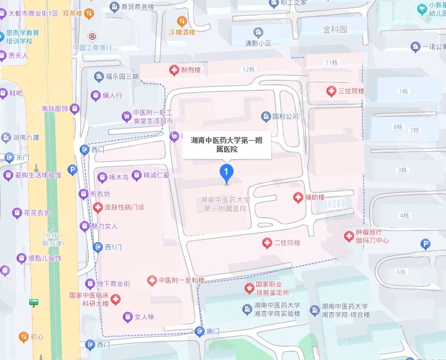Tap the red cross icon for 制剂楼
(x=173, y=70)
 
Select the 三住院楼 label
(x=351, y=91)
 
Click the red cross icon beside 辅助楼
(x=297, y=197)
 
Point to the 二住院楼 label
(x=287, y=243)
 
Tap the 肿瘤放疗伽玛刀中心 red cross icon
(x=349, y=236)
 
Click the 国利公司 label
(x=285, y=117)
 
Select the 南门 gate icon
(x=200, y=332)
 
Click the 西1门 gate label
(x=113, y=247)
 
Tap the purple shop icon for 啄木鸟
(x=102, y=177)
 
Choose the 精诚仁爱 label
(x=156, y=176)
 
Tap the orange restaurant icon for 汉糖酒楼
(x=173, y=22)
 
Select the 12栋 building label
(x=247, y=70)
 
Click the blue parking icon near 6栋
(x=425, y=243)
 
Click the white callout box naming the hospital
(x=227, y=145)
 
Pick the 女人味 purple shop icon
(x=127, y=317)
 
